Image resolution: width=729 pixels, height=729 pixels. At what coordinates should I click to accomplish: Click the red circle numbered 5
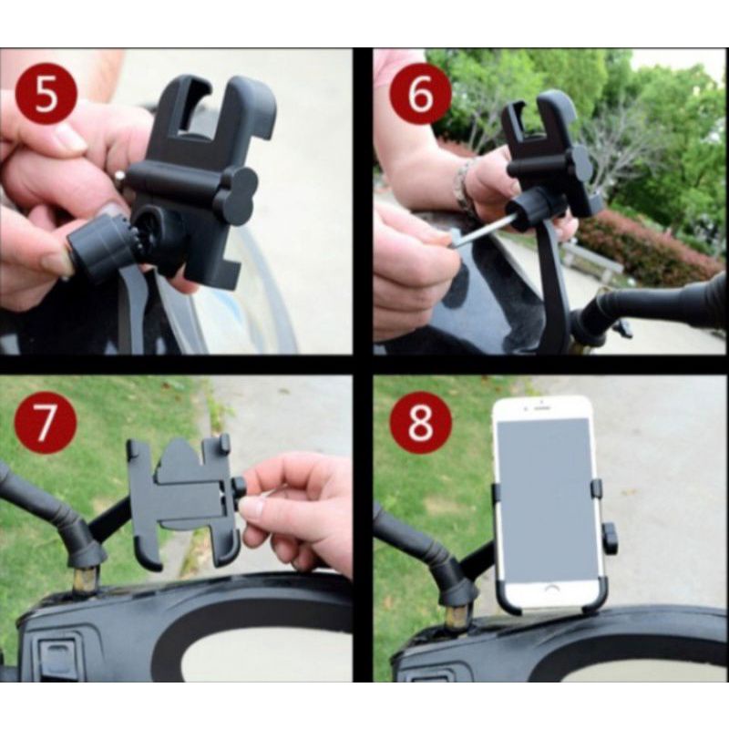45,95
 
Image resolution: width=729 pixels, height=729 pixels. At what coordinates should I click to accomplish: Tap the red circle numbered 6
420,95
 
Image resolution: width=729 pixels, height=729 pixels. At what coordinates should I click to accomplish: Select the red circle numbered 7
45,423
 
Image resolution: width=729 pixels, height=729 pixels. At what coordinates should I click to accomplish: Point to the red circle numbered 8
420,423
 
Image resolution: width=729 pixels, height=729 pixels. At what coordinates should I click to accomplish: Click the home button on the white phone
551,589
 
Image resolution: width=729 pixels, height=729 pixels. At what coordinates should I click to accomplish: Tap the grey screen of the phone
548,498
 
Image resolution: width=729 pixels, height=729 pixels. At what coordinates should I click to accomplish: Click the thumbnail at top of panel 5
67,139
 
